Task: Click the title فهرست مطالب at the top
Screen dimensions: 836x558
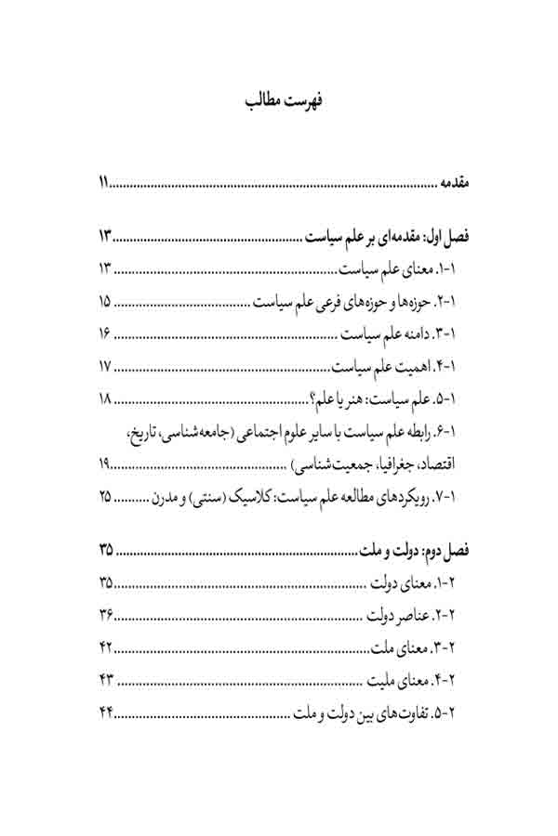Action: coord(280,101)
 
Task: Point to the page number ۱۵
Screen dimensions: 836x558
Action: coord(104,301)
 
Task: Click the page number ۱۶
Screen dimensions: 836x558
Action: coord(104,333)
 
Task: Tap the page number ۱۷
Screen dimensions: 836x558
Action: coord(104,366)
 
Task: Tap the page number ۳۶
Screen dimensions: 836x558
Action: coord(105,616)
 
